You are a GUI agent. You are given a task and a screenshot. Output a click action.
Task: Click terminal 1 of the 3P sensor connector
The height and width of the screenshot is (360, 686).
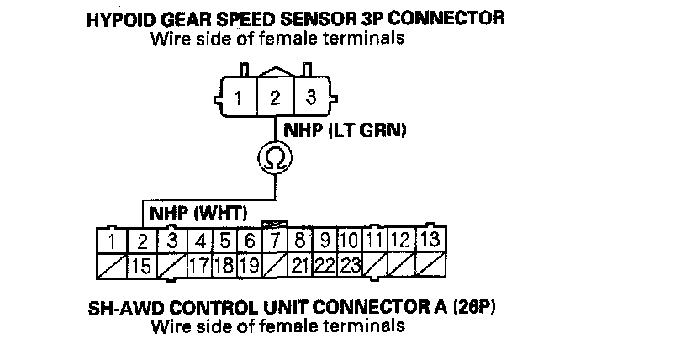click(x=240, y=97)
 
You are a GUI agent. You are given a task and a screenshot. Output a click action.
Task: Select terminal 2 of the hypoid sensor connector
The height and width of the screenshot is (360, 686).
click(x=275, y=97)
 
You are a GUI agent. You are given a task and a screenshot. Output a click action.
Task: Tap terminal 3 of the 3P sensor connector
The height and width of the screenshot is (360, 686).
click(x=310, y=97)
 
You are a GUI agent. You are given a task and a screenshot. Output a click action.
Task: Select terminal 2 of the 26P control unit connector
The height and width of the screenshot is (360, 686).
click(x=143, y=242)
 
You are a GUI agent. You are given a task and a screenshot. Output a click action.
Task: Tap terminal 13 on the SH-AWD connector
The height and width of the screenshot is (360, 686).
click(x=430, y=241)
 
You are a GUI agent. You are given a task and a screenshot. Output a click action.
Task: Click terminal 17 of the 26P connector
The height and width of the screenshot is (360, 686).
click(x=198, y=267)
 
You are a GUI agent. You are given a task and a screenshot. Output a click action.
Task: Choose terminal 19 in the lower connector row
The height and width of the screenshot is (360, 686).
click(x=250, y=267)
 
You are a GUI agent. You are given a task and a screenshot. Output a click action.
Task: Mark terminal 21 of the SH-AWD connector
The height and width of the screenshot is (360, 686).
click(x=300, y=267)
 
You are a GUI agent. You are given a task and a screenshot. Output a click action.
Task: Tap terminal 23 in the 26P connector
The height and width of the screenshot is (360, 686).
click(x=350, y=267)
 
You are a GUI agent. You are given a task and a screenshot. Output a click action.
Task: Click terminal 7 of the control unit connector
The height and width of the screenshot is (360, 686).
click(x=275, y=242)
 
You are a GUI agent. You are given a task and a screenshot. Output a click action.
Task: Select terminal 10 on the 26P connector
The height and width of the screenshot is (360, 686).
click(x=350, y=242)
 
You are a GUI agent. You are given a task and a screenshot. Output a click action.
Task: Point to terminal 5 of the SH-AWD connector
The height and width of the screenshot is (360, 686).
click(x=224, y=242)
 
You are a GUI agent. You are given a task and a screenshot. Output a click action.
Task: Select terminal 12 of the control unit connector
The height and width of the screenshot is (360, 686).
click(x=401, y=242)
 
